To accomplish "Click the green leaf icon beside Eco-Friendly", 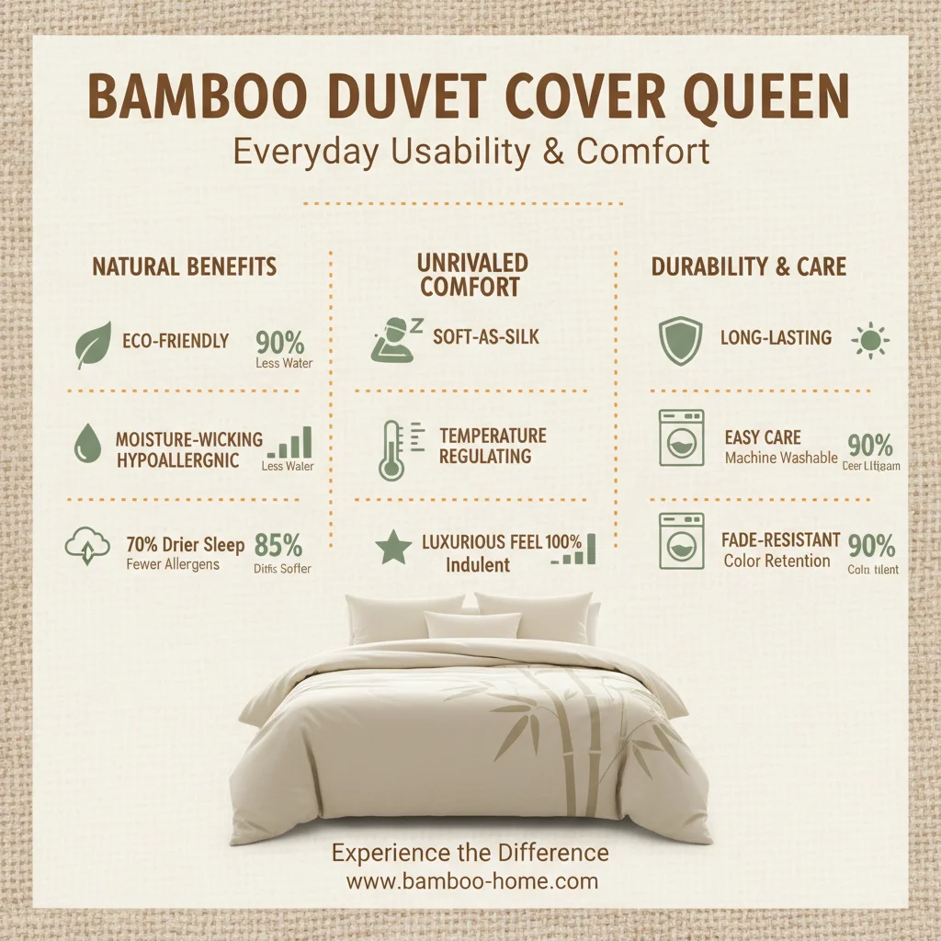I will click(93, 345).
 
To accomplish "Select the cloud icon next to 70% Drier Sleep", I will click(83, 549).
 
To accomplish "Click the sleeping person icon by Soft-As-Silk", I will click(394, 340).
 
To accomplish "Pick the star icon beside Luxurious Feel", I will click(393, 549).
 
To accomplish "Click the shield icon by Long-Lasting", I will click(681, 340).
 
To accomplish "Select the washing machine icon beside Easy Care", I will click(681, 438).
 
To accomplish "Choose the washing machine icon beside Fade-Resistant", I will click(681, 541).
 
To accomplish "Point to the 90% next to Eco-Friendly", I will click(280, 343).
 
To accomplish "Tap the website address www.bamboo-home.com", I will click(471, 881).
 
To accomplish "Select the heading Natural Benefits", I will click(184, 267).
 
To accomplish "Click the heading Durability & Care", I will click(749, 267).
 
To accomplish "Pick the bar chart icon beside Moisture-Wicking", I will click(290, 444).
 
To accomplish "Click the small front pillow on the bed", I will click(472, 625).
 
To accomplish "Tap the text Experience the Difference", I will click(470, 853).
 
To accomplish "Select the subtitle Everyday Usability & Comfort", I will click(471, 151).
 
